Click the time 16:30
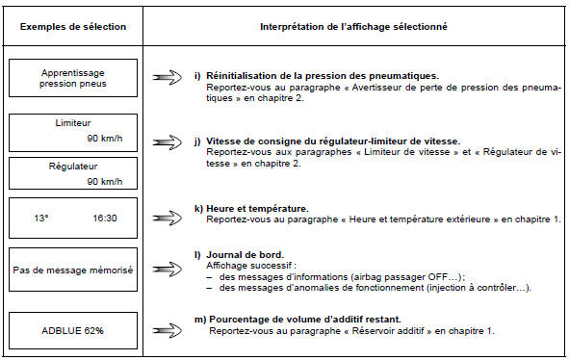click(x=105, y=219)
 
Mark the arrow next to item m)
click(x=168, y=323)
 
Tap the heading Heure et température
click(x=253, y=208)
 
